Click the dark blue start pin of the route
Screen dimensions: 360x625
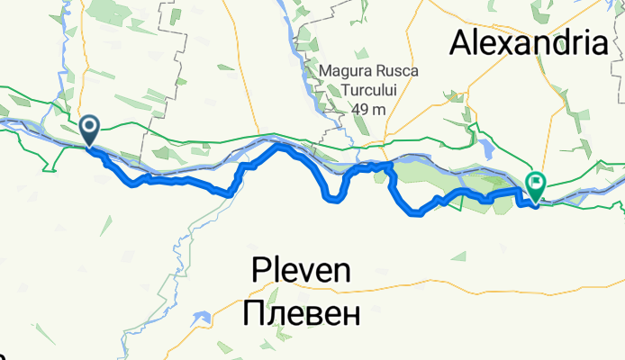[x=90, y=130]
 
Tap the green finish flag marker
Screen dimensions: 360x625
[x=536, y=186]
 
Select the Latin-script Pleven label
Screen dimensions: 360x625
[x=301, y=269]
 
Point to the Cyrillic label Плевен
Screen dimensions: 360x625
[x=301, y=313]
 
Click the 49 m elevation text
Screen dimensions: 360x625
[x=369, y=109]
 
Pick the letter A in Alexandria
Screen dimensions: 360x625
[x=463, y=41]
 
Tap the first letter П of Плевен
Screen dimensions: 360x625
[x=255, y=313]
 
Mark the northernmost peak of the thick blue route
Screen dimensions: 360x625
[x=279, y=144]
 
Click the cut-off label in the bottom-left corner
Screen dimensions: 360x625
[x=3, y=353]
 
